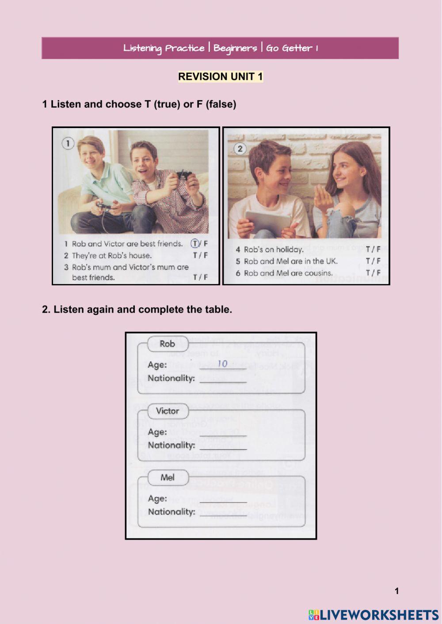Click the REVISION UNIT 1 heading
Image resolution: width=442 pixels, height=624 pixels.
[x=221, y=76]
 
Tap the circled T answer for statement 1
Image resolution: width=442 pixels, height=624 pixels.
[x=195, y=243]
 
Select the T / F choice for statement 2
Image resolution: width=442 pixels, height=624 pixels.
[x=200, y=255]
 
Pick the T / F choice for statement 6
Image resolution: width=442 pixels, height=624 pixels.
[x=373, y=273]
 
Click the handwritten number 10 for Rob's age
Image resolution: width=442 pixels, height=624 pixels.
[x=222, y=363]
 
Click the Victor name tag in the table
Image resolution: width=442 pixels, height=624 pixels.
[x=168, y=411]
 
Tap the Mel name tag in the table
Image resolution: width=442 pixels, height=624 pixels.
[x=168, y=477]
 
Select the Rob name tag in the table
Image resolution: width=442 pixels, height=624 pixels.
[x=168, y=344]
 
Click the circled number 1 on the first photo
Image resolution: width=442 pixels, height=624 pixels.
[x=68, y=144]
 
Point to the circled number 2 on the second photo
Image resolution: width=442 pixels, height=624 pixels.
[x=240, y=148]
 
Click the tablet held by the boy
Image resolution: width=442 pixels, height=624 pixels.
[x=268, y=221]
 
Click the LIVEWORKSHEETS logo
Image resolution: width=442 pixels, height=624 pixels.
[x=373, y=615]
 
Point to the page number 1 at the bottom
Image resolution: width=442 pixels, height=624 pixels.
[x=396, y=591]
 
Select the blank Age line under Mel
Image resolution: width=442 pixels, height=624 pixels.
[x=223, y=501]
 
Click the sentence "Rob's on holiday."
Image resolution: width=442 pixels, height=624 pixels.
[x=274, y=250]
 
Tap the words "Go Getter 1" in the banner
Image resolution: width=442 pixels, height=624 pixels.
[x=292, y=48]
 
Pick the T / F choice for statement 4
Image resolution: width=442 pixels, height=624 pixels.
[x=373, y=250]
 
